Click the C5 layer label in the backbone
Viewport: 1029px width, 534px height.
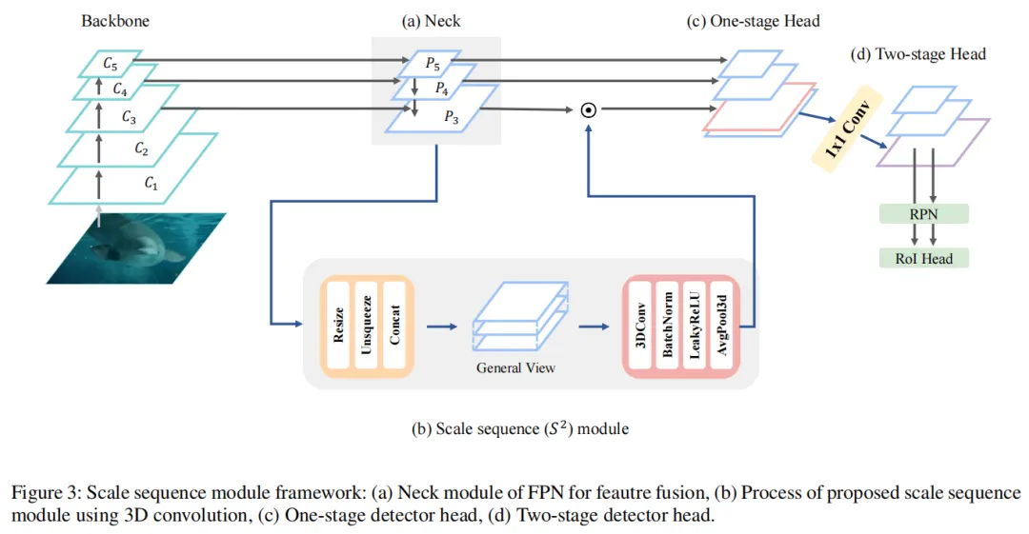111,65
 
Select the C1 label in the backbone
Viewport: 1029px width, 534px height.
150,185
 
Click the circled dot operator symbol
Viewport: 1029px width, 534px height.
590,110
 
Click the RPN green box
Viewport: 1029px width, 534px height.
922,214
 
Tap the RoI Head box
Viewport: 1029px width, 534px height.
922,258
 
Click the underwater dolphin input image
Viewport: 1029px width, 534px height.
133,247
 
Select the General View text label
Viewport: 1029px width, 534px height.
515,368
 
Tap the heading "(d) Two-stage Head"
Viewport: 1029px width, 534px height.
918,54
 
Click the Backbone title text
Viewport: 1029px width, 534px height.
114,20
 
